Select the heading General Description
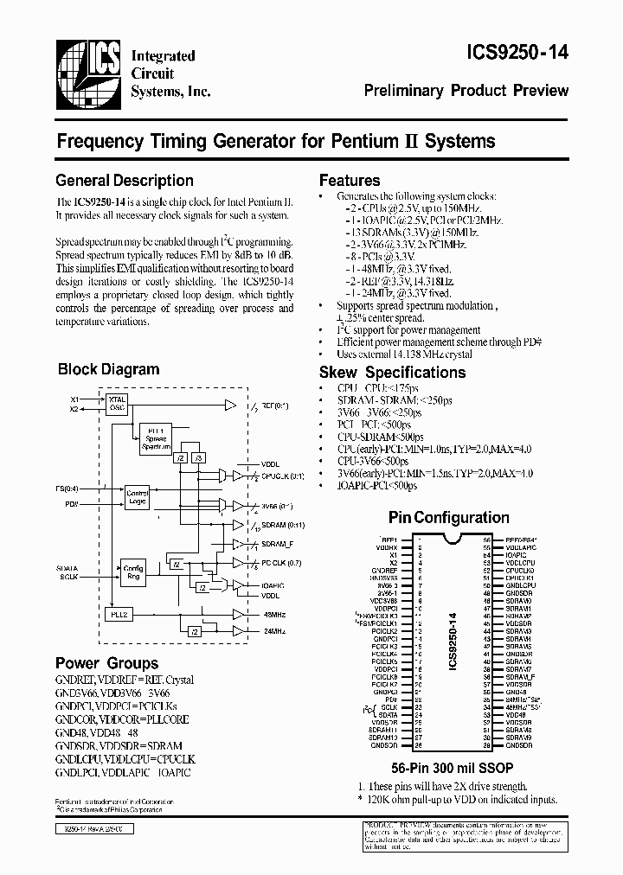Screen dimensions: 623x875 tap(125, 180)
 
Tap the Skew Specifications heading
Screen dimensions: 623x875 tap(392, 373)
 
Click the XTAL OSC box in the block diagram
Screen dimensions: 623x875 tap(118, 404)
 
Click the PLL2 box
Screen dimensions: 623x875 tap(119, 614)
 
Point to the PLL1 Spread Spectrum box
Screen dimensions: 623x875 tap(156, 437)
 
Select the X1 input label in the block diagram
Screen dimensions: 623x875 tap(74, 399)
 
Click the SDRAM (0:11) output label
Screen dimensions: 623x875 tap(281, 527)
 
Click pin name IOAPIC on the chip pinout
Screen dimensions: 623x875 tap(517, 555)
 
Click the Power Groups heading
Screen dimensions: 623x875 tap(106, 663)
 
